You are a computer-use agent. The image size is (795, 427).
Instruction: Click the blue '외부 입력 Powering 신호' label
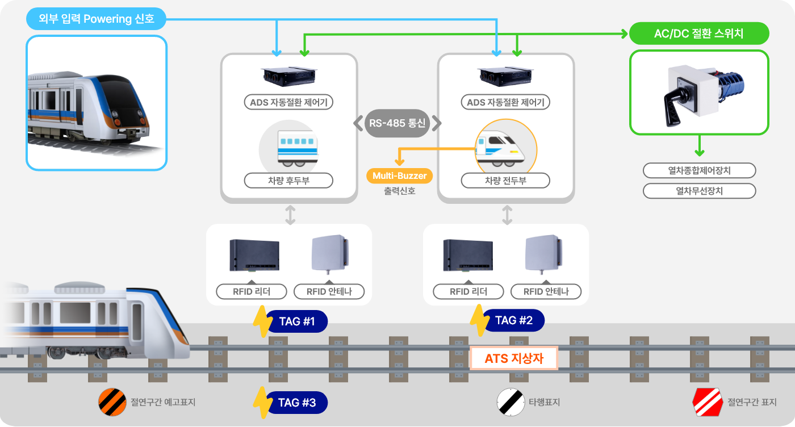[x=96, y=19]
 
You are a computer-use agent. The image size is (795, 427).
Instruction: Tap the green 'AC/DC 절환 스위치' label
[x=698, y=34]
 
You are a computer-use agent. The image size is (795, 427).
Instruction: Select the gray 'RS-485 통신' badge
[x=397, y=123]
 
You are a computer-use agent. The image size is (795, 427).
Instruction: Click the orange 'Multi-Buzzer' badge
[x=399, y=176]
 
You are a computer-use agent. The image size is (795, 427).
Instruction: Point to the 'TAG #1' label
[x=296, y=321]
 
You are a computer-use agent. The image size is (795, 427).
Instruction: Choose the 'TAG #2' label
[x=513, y=320]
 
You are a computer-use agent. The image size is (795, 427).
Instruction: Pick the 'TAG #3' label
[x=296, y=403]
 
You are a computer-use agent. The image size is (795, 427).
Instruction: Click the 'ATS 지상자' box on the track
[x=514, y=358]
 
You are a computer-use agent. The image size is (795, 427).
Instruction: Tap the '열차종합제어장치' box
[x=699, y=170]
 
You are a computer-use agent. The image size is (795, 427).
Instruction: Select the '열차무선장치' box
[x=699, y=191]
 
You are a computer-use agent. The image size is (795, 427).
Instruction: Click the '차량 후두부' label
[x=288, y=181]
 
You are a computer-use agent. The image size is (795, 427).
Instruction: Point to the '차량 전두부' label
[x=505, y=181]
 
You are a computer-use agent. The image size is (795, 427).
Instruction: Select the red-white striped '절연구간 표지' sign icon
[x=707, y=402]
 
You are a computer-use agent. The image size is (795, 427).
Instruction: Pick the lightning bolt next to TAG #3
[x=262, y=402]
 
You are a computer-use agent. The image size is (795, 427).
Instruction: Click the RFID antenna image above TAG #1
[x=330, y=254]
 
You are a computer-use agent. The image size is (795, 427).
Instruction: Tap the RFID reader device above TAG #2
[x=468, y=256]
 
